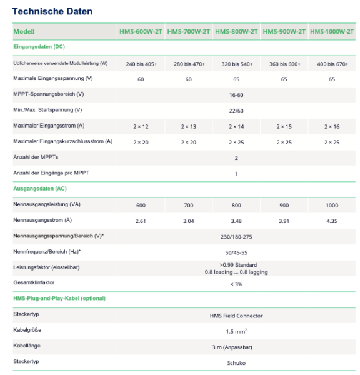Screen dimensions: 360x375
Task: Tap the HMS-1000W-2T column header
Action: [x=332, y=31]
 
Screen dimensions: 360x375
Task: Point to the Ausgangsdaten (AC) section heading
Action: [x=40, y=187]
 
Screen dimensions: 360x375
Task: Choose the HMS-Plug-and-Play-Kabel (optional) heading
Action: [x=59, y=298]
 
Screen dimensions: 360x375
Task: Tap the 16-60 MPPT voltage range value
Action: [x=236, y=94]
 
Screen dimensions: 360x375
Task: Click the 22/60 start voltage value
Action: [x=236, y=110]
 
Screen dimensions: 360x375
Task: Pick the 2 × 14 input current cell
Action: [x=236, y=126]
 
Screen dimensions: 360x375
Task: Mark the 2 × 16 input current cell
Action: [x=332, y=126]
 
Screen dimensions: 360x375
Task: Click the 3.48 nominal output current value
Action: [x=236, y=221]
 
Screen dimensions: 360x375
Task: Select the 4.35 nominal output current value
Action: [x=332, y=221]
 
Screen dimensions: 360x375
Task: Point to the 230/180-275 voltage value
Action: [x=236, y=236]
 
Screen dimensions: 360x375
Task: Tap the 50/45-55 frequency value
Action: [x=236, y=252]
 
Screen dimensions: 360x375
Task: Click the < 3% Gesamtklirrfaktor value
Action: [x=236, y=284]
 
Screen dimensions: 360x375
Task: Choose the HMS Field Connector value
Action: [x=236, y=315]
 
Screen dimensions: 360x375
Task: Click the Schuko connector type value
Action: [x=236, y=362]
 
